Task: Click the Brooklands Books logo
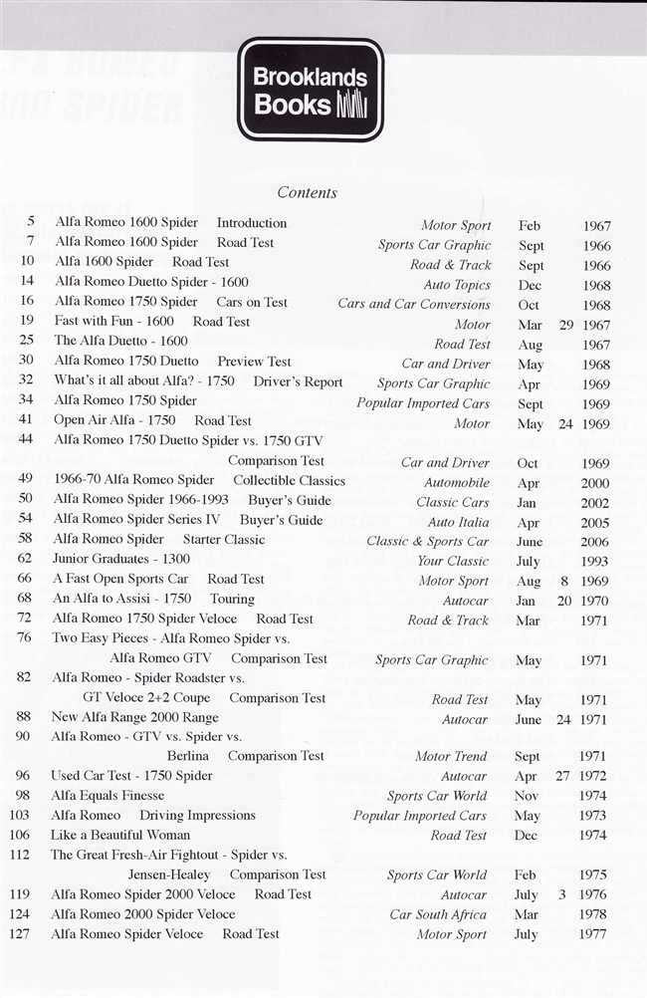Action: [310, 90]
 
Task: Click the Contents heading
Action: [307, 192]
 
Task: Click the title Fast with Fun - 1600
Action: [113, 322]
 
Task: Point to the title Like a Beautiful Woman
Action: [120, 835]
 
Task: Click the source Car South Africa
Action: [439, 914]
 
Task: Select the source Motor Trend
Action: [451, 757]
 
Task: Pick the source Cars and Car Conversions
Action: [414, 304]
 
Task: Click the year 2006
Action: [596, 542]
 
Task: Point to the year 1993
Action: [596, 562]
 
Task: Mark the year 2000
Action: [596, 483]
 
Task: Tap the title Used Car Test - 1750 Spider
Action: [132, 776]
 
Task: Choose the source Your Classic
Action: [453, 562]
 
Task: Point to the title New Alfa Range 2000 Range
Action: [135, 717]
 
